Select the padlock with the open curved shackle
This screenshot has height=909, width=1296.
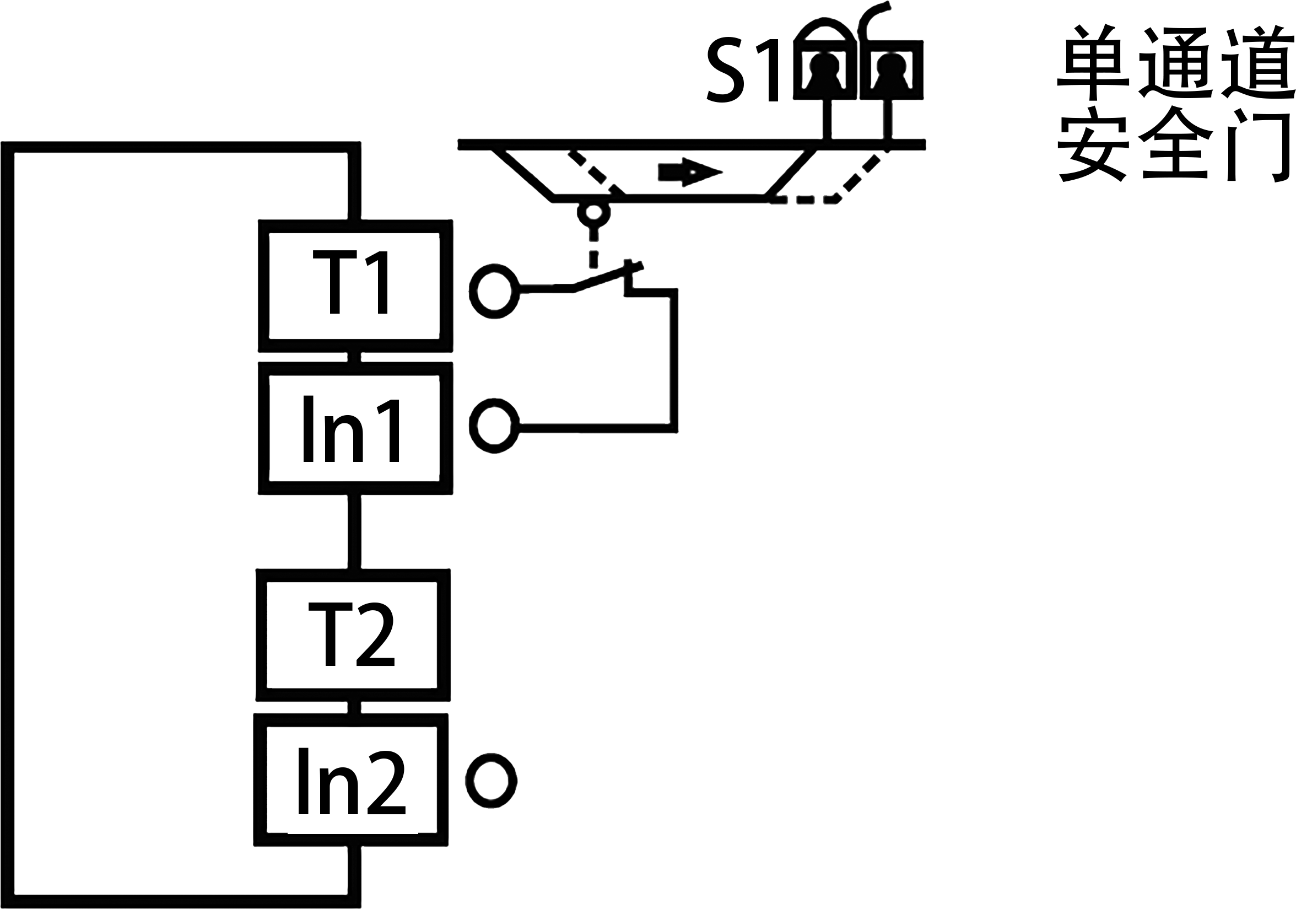point(892,68)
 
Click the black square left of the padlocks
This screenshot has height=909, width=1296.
point(742,69)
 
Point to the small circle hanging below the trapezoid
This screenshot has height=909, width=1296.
point(593,213)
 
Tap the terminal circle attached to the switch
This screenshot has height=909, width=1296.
point(494,291)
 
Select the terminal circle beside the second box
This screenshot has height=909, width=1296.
point(494,426)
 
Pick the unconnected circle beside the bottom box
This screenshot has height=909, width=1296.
point(490,779)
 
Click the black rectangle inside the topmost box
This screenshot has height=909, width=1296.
point(350,281)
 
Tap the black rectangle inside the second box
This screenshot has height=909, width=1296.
point(351,428)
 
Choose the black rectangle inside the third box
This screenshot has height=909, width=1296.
point(351,634)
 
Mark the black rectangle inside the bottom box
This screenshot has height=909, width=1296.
point(352,781)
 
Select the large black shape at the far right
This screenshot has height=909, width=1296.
point(1208,282)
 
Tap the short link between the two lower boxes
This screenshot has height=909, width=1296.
point(354,707)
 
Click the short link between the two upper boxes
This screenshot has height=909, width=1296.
point(354,357)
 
